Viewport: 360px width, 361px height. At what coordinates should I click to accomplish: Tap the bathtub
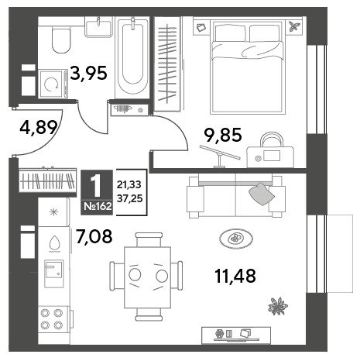133,57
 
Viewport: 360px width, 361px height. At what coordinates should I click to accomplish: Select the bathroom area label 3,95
88,74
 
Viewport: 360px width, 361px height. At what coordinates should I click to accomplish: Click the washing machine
53,84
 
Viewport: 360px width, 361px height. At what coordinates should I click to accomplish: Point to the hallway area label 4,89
39,128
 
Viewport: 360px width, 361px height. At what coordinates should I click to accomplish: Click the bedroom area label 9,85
223,136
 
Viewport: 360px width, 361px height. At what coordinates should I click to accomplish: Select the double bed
248,67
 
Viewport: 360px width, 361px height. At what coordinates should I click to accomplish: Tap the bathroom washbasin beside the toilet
99,27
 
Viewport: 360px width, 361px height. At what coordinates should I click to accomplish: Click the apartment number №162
98,207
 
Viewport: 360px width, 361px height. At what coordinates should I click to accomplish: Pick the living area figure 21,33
129,184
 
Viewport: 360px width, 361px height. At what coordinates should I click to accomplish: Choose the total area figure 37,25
129,198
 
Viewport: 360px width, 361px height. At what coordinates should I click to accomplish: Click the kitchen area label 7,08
94,236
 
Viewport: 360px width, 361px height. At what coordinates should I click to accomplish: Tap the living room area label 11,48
235,276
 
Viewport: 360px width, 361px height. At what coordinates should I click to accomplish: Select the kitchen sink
54,273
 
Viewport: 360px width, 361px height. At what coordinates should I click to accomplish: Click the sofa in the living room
235,195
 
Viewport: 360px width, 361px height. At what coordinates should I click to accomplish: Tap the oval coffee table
236,239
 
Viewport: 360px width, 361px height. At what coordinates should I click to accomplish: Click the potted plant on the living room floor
278,306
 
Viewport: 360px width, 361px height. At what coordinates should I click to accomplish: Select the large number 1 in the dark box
97,185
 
